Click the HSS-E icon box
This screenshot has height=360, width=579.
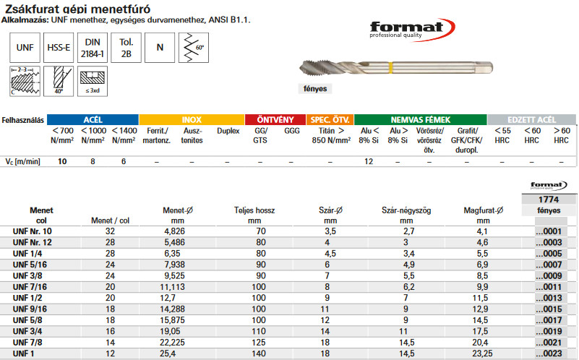59,48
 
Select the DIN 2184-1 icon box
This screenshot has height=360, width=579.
93,48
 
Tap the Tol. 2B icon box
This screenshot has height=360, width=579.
126,48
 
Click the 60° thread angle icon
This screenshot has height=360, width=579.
194,48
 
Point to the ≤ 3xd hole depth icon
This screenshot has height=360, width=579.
93,81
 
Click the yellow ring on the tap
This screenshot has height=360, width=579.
390,68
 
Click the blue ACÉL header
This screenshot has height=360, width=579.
93,119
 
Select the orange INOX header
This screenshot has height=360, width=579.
192,119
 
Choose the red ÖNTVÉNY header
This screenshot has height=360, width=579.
275,119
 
